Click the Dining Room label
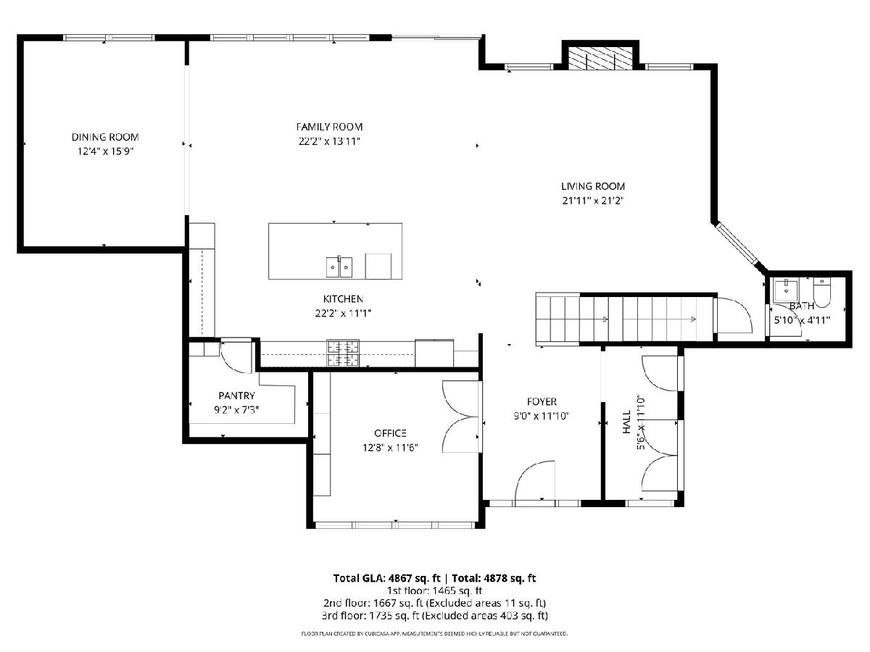point(105,137)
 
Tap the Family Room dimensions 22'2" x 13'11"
point(329,141)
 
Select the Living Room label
point(593,186)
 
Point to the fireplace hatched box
point(600,58)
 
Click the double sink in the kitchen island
point(339,267)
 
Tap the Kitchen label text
point(343,299)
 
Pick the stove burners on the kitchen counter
point(343,353)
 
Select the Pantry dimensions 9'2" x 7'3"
point(236,410)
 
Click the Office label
point(390,433)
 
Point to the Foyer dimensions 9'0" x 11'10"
point(542,416)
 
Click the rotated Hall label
point(626,422)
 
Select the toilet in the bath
point(821,292)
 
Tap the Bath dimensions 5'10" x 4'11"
point(802,320)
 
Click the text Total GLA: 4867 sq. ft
point(386,578)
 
